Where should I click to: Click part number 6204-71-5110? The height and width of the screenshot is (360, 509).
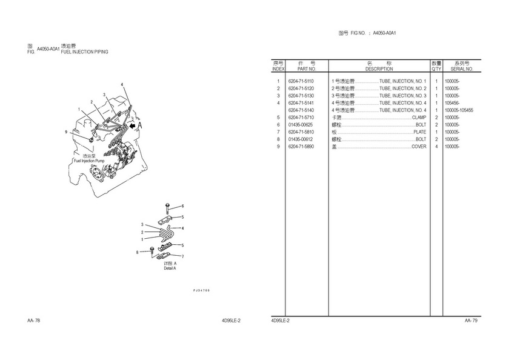301,81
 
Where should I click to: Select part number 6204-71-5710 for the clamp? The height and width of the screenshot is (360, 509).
301,118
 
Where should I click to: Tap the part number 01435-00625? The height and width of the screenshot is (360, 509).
301,125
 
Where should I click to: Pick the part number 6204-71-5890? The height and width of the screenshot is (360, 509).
301,147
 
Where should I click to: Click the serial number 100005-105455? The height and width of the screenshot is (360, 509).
459,110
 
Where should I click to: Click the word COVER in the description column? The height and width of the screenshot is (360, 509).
419,147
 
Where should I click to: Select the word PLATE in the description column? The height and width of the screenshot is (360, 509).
420,132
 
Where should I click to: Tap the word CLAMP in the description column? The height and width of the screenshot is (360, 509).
419,118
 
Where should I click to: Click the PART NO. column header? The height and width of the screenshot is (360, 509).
303,69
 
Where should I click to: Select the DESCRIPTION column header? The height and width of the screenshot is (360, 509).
379,69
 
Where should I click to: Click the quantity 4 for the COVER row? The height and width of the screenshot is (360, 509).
436,147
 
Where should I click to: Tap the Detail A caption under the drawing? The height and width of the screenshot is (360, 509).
170,268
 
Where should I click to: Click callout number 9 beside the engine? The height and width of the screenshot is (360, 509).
66,132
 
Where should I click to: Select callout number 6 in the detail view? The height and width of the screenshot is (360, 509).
182,206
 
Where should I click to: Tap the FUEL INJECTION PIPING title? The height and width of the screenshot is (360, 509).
85,52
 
